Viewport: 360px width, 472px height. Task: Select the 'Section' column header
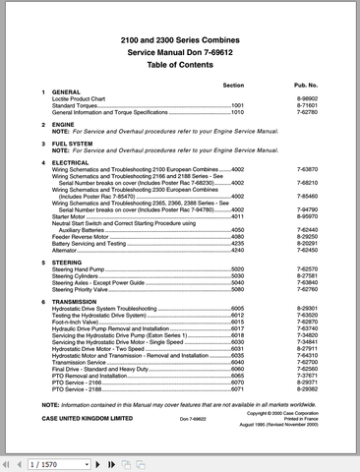(233, 86)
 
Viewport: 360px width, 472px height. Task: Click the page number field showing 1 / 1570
(43, 462)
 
